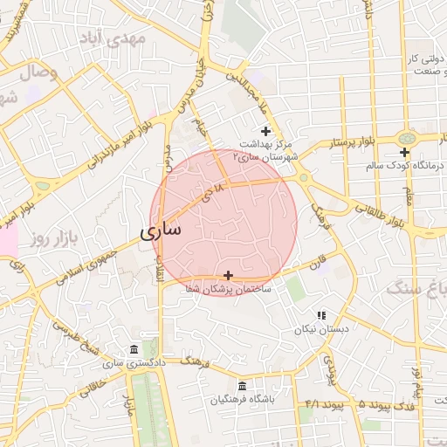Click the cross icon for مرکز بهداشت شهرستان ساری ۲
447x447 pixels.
tap(265, 131)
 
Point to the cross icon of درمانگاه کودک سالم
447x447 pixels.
tap(405, 152)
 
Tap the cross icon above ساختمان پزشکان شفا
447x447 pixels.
tap(229, 275)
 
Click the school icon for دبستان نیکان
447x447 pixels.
tap(321, 315)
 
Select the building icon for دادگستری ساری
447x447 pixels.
tap(134, 349)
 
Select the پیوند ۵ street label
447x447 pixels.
tap(350, 404)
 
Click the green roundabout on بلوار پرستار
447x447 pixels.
tap(406, 138)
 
